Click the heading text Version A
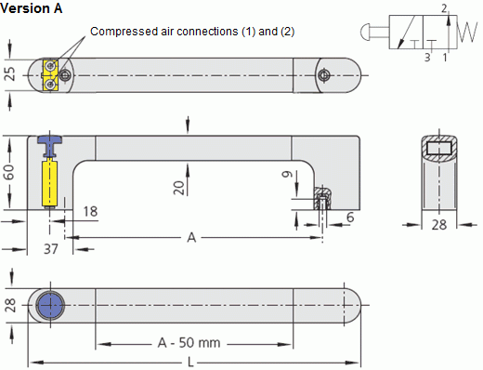tap(32, 8)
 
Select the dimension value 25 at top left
tap(10, 73)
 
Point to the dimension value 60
tap(10, 173)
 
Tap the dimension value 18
tap(90, 212)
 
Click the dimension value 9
tap(288, 174)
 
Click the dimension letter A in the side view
tap(191, 238)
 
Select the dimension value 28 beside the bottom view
tap(10, 305)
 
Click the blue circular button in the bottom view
tap(50, 305)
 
